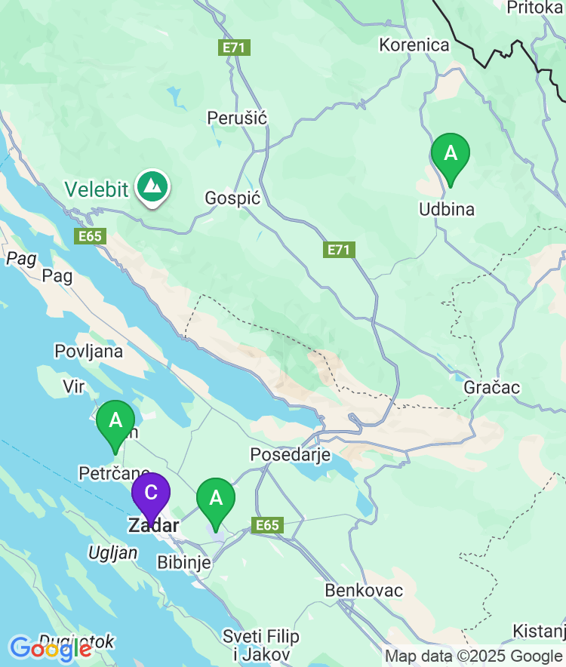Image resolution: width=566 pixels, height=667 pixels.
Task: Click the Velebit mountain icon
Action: click(x=153, y=185)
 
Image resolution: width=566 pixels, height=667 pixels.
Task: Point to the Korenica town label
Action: click(x=414, y=45)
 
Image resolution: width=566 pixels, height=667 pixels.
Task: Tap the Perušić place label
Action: click(x=237, y=118)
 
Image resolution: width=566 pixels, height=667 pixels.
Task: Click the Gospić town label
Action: click(x=232, y=198)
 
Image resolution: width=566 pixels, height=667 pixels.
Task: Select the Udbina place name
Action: click(x=447, y=209)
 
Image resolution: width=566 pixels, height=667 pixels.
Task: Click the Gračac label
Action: click(x=492, y=387)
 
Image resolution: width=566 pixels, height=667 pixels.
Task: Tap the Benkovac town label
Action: click(x=364, y=590)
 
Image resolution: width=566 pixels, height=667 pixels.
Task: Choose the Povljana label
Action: click(x=88, y=351)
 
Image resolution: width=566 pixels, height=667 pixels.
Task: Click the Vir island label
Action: click(x=73, y=386)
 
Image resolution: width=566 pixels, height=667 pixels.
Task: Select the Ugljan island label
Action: click(x=113, y=552)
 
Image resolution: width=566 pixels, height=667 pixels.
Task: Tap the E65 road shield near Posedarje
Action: click(x=268, y=526)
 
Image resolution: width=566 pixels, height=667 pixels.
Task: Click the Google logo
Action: click(x=51, y=648)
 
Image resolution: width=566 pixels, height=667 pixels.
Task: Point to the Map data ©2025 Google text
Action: click(x=473, y=656)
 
